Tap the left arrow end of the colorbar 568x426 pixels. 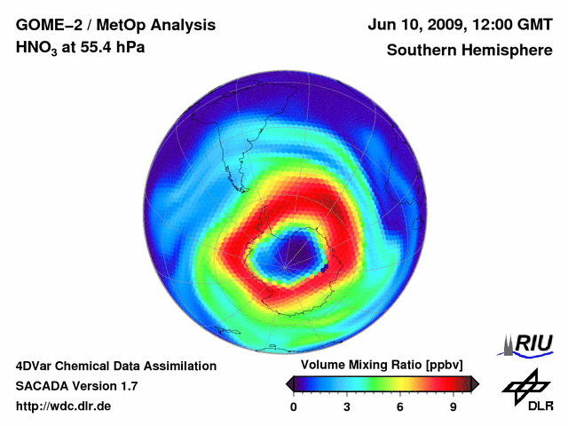[x=288, y=383]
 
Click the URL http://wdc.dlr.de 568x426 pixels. [x=64, y=406]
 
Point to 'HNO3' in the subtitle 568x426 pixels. [x=36, y=47]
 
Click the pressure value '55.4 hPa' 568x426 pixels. [x=114, y=46]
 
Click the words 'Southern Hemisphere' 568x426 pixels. [x=469, y=50]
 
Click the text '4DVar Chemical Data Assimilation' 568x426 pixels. [x=115, y=366]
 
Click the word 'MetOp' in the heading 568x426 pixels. [x=117, y=26]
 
